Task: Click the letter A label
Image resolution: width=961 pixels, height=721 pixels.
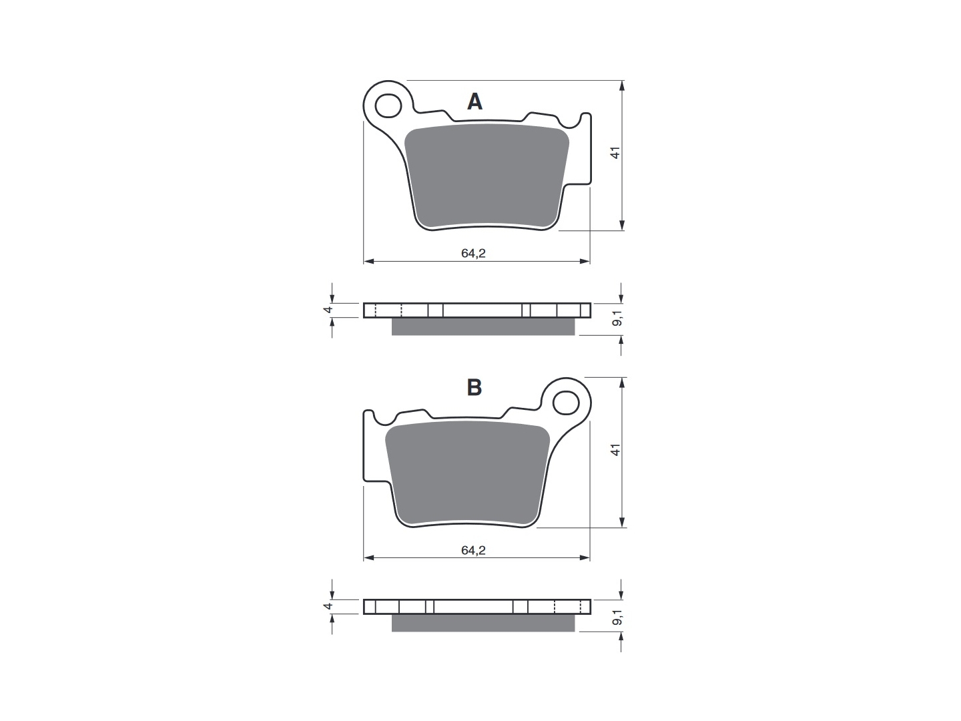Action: [x=474, y=101]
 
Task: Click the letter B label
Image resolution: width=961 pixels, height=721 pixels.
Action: [x=474, y=387]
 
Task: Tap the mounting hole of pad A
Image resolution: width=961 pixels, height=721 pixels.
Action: [x=388, y=105]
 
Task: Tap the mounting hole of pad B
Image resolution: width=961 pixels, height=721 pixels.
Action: [x=566, y=403]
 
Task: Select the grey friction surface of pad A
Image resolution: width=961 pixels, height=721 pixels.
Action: [x=487, y=175]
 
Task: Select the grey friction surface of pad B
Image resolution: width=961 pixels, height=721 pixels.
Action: [x=467, y=473]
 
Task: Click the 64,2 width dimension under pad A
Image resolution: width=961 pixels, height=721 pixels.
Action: [x=473, y=253]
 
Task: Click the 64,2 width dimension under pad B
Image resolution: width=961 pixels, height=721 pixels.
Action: [x=473, y=550]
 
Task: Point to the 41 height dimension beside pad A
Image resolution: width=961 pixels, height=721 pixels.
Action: [x=615, y=153]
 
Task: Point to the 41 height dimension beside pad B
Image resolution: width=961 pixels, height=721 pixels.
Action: [x=615, y=450]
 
